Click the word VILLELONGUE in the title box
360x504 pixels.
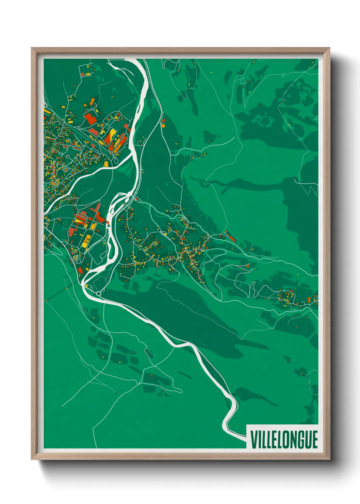click(x=284, y=440)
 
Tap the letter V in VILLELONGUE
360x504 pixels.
click(x=253, y=440)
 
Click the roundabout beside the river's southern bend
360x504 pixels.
click(x=99, y=293)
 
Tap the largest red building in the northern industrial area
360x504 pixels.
click(x=89, y=119)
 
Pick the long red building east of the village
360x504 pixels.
click(x=232, y=238)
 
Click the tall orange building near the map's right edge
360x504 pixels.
click(x=309, y=300)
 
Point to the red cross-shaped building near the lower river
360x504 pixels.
click(x=81, y=270)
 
